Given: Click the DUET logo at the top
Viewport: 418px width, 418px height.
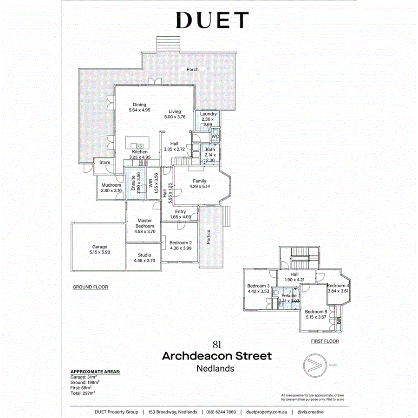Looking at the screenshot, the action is tap(212, 20).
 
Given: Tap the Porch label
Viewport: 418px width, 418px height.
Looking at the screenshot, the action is tap(192, 70).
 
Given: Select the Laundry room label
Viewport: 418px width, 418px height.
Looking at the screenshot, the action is tap(209, 114).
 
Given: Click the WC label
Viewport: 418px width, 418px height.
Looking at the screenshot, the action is tap(215, 137).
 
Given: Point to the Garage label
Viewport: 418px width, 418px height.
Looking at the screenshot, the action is tap(99, 247).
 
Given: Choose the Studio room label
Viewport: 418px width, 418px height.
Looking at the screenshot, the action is tap(144, 255).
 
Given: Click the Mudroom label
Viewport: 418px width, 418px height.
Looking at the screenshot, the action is tap(111, 185).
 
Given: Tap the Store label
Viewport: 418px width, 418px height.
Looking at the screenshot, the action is tap(105, 163).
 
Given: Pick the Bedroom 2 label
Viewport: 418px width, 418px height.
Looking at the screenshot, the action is tap(181, 243).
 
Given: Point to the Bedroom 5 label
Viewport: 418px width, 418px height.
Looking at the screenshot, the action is tap(316, 312).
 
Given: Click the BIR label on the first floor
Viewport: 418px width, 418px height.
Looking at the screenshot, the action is tap(339, 321).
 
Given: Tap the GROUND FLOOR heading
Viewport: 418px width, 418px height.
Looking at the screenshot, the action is tap(90, 287).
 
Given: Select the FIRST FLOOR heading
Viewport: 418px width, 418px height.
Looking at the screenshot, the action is tap(325, 341).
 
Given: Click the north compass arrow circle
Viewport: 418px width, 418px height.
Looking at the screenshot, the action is tap(313, 365).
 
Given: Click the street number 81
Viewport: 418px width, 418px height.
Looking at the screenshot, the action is tap(216, 345).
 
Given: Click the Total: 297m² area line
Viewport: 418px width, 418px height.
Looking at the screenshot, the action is tap(83, 393).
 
